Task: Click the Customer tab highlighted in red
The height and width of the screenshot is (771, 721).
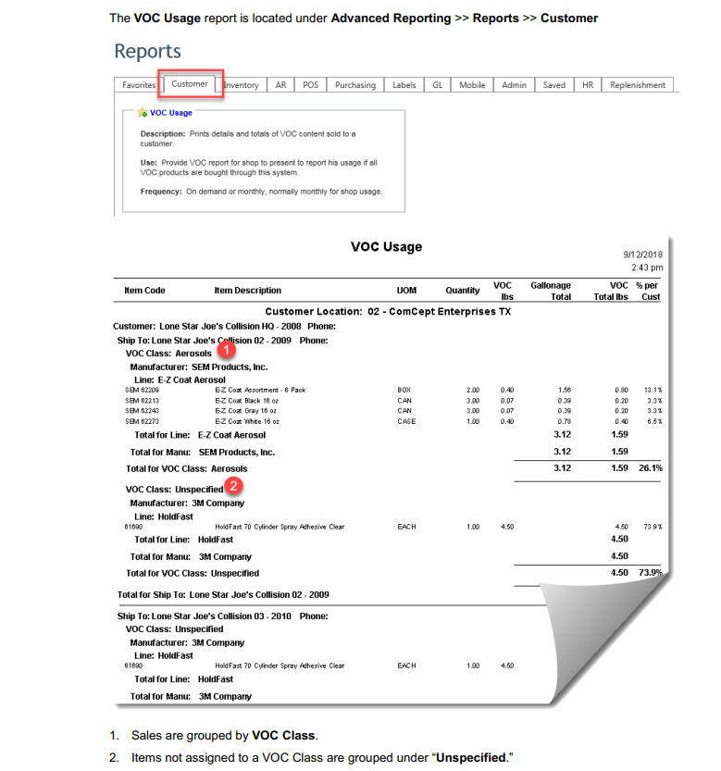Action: click(190, 84)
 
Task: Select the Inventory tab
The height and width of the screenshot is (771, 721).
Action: click(242, 85)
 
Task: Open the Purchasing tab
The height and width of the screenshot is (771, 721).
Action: click(354, 85)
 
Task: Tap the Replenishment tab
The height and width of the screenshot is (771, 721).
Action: click(637, 85)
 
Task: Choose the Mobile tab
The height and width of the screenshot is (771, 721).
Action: click(472, 85)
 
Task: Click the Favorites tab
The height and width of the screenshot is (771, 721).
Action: click(139, 85)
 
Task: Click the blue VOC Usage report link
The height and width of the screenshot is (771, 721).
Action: click(170, 113)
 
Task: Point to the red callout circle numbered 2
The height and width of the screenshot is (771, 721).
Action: click(234, 485)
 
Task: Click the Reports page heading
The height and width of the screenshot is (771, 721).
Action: click(147, 51)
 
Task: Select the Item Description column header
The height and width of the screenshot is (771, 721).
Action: click(247, 291)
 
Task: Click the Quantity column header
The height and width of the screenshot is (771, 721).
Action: click(462, 291)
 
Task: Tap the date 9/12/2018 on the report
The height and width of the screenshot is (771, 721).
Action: click(642, 253)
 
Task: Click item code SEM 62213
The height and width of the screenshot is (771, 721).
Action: click(141, 401)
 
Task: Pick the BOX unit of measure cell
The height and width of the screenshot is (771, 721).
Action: click(404, 391)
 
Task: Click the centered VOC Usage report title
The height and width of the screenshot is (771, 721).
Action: click(386, 247)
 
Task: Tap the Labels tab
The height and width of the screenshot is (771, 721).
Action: click(404, 85)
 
